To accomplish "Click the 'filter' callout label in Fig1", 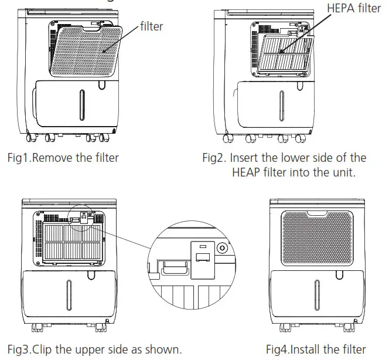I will click(x=151, y=26).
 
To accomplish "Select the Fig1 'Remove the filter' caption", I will click(x=63, y=157).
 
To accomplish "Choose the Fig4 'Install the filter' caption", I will click(x=316, y=349).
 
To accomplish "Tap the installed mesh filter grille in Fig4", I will click(x=317, y=233).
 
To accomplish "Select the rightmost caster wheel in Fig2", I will click(x=300, y=138).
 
